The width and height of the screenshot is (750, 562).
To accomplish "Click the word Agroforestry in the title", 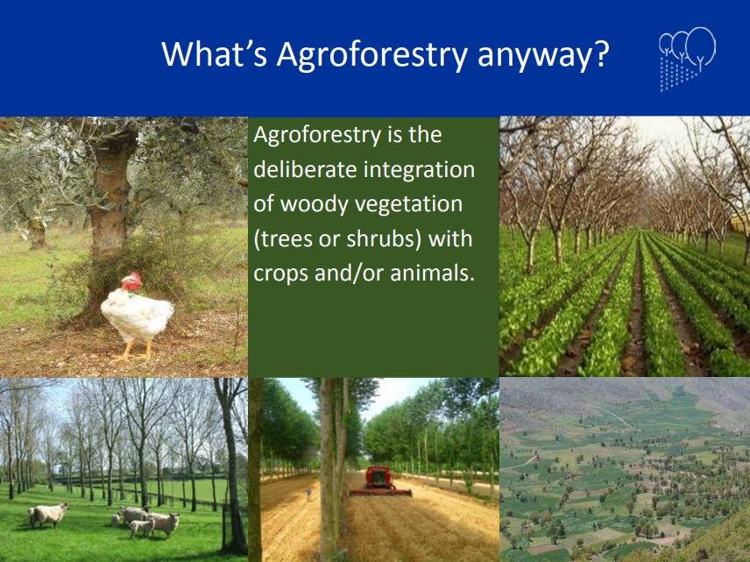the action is click(371, 54).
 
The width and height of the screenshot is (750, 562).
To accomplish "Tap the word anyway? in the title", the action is click(543, 55).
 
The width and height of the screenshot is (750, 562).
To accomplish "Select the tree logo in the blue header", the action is click(687, 59).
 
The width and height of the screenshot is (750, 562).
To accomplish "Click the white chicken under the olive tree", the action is click(137, 314).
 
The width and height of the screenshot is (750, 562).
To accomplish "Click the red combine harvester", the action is click(379, 480).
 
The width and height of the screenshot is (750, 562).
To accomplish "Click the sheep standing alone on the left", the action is click(48, 515).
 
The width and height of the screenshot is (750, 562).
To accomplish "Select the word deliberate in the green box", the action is click(305, 169).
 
